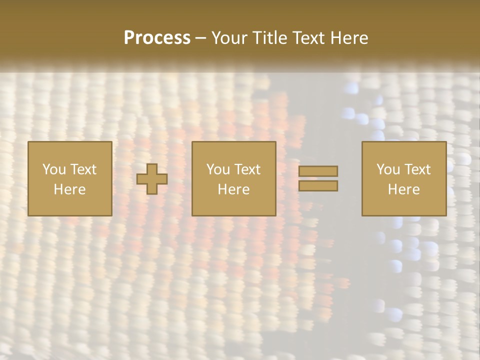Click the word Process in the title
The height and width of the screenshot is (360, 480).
(x=157, y=38)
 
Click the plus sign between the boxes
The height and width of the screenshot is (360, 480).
(x=152, y=179)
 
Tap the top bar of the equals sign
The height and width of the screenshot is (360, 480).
(x=318, y=171)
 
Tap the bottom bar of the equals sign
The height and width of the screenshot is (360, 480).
(x=318, y=186)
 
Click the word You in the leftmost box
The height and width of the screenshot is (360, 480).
(x=54, y=169)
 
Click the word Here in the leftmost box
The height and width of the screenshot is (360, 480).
(x=69, y=189)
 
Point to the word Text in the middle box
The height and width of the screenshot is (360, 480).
(x=247, y=169)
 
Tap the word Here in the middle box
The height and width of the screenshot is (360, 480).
(x=233, y=189)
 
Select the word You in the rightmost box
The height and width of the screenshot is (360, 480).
(x=388, y=169)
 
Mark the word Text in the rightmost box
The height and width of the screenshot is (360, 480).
(x=417, y=169)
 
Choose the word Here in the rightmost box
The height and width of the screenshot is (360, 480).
(x=403, y=189)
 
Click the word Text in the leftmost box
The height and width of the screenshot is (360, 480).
(x=83, y=169)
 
